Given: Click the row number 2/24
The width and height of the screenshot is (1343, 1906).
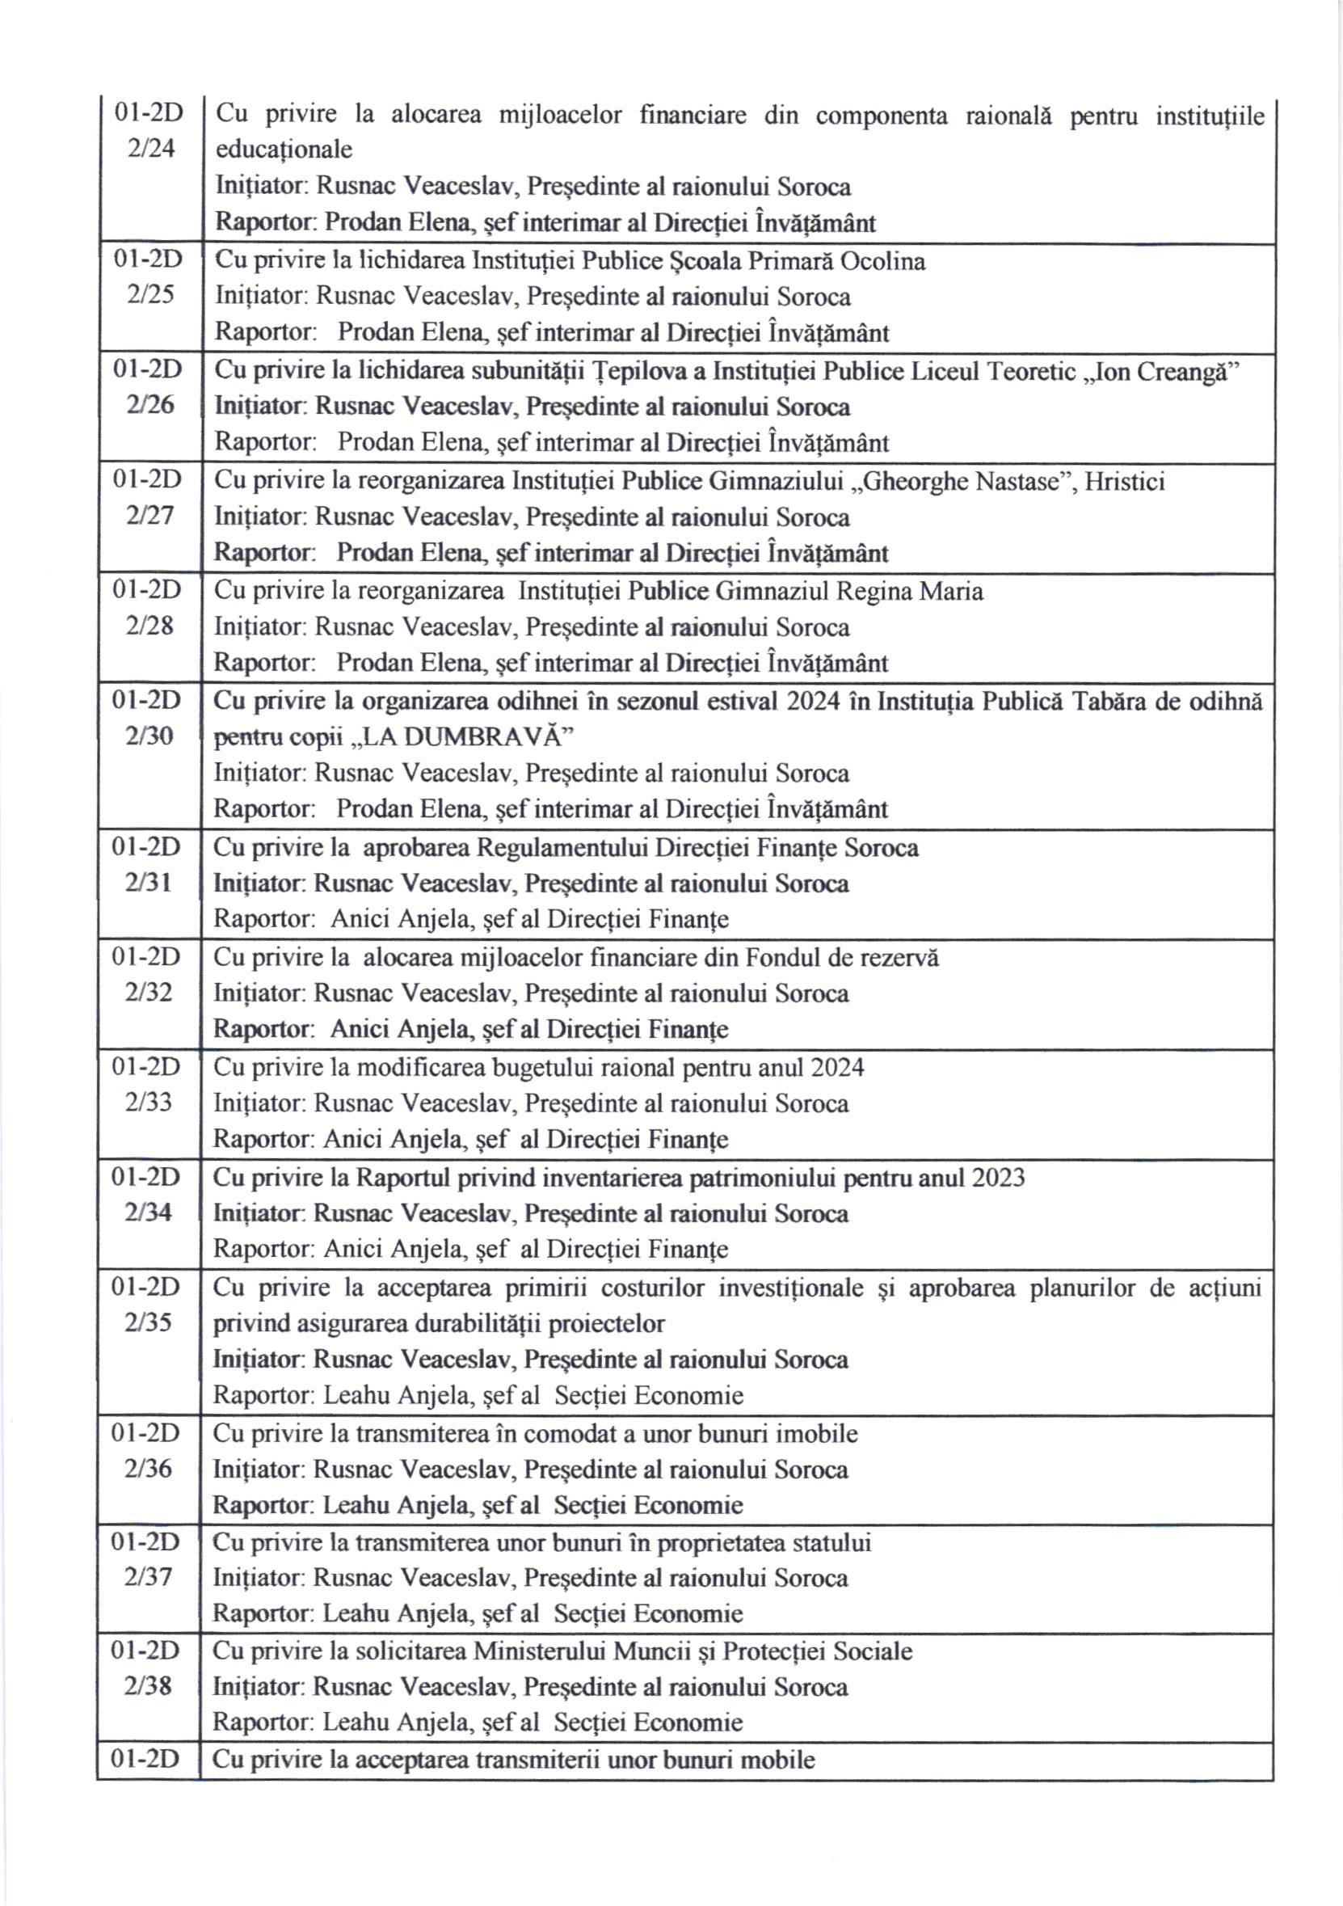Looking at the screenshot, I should tap(151, 149).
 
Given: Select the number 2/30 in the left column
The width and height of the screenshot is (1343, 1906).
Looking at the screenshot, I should tap(149, 736).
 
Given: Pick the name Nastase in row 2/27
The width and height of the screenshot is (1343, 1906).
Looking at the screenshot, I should tap(1012, 481).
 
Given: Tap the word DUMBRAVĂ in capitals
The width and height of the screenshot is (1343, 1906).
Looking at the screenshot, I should tap(486, 737).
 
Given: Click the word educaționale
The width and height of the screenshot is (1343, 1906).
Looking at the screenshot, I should tap(284, 150).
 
